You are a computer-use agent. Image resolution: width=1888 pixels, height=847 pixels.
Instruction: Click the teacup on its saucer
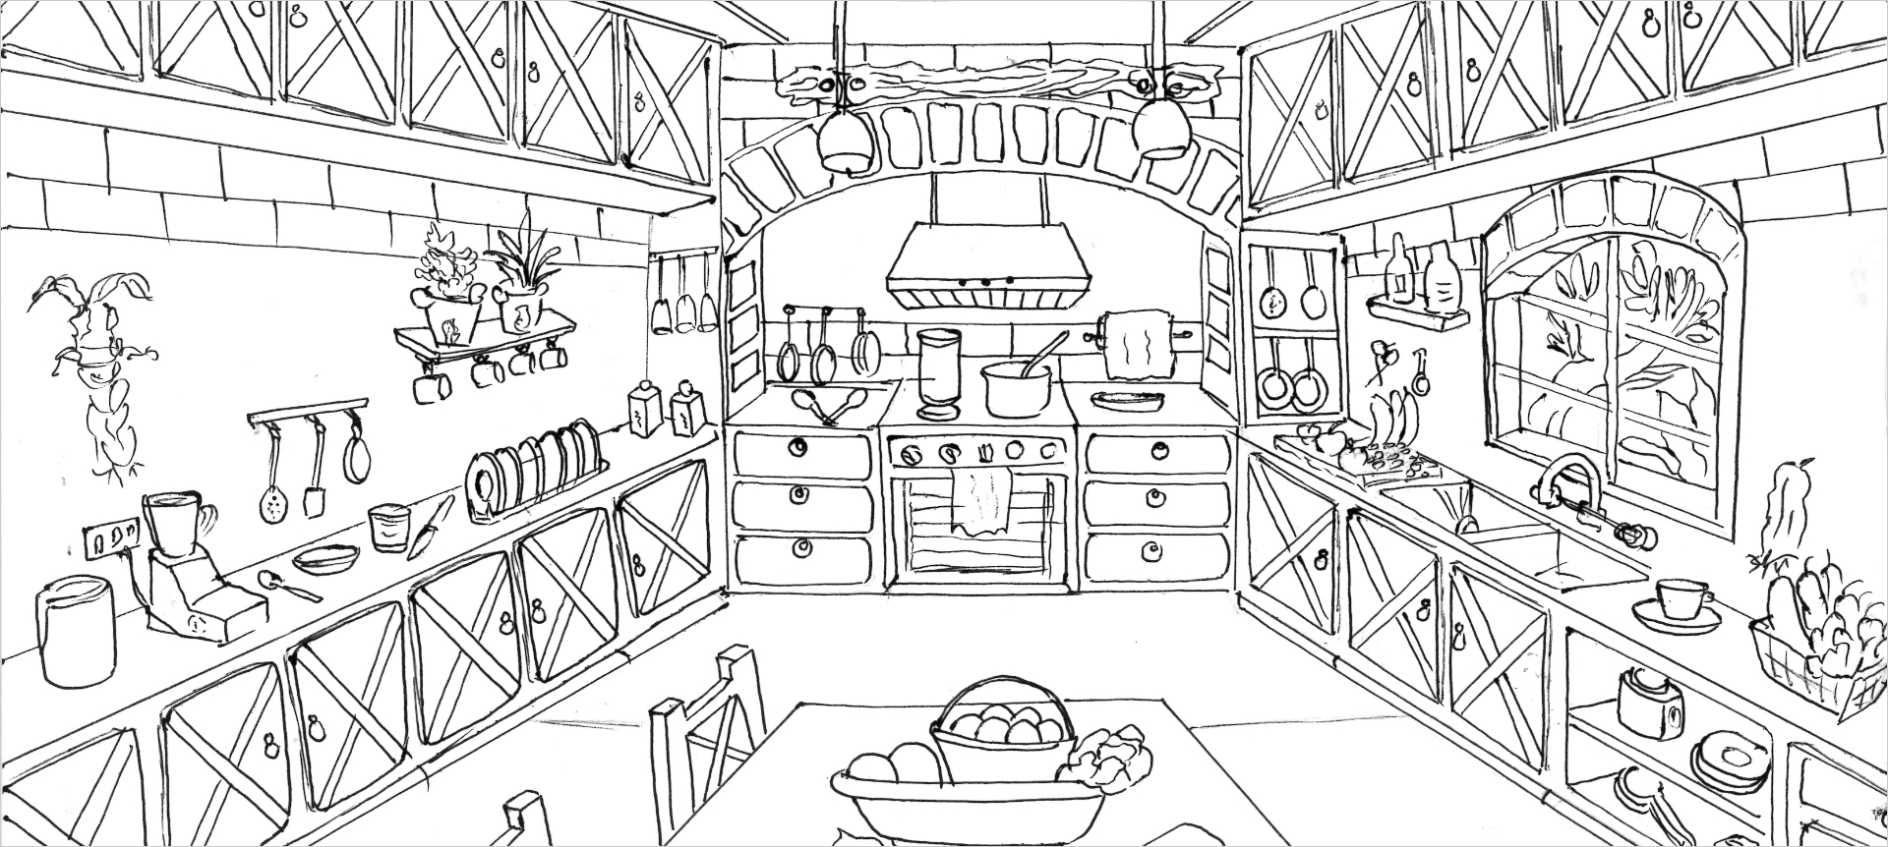point(1680,601)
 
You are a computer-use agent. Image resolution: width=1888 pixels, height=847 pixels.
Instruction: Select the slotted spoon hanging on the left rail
point(271,496)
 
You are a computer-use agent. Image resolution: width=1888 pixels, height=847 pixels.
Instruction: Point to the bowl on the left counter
point(325,559)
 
